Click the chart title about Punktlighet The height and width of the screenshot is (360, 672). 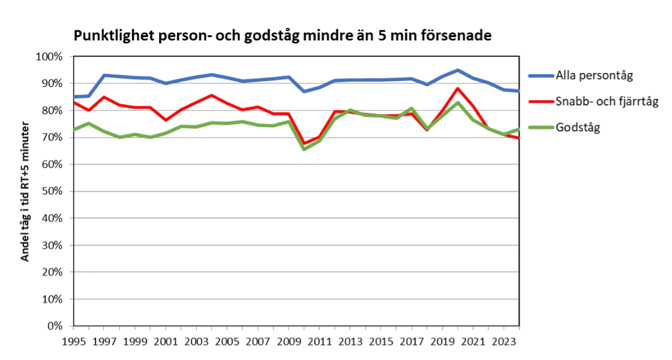282,36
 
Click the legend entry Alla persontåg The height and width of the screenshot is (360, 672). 594,75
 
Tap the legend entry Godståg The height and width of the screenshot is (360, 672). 578,128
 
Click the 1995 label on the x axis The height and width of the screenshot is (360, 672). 74,341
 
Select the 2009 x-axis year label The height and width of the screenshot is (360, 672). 289,341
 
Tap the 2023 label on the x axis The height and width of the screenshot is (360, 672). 504,341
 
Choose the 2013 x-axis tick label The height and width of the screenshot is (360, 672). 351,341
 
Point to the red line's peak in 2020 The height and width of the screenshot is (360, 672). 458,88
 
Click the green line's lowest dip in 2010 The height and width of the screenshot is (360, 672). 304,149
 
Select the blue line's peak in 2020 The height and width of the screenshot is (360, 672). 458,70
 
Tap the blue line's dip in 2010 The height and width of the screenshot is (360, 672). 304,91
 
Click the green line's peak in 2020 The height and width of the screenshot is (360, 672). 458,102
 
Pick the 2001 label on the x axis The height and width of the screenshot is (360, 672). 166,341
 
